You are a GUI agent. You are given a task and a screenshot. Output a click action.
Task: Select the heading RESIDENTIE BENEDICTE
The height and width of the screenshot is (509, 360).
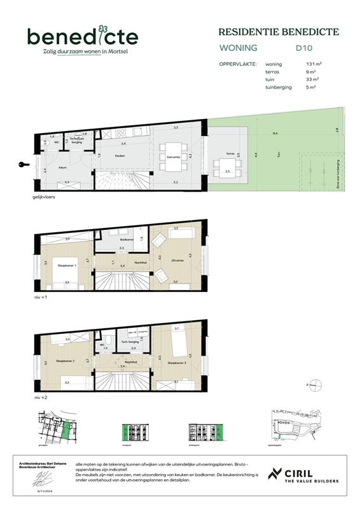[x=278, y=32]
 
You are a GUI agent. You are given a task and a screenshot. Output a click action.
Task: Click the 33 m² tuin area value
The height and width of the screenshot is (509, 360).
[x=312, y=80]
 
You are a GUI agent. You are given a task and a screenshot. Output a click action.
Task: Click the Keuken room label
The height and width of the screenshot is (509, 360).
[x=120, y=155]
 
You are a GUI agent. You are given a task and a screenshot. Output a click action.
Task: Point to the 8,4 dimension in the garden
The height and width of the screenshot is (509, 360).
[x=275, y=134]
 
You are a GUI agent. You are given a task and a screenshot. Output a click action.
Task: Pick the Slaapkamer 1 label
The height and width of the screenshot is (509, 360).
[x=67, y=267]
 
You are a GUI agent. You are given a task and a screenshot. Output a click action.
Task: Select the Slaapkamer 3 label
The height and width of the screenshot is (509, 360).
[x=176, y=363]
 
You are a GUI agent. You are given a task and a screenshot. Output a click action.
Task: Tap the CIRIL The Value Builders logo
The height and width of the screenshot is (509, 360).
[x=303, y=474]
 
